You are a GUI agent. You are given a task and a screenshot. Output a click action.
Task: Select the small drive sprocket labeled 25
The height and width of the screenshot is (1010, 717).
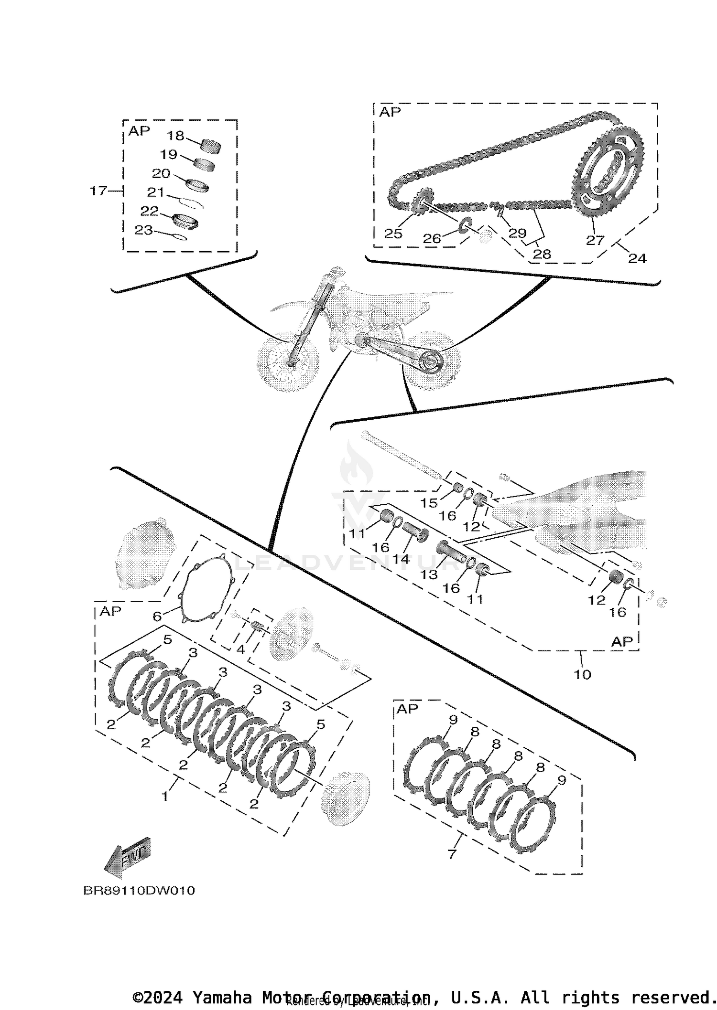tap(421, 202)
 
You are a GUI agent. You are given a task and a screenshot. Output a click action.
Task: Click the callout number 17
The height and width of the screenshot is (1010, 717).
tap(98, 191)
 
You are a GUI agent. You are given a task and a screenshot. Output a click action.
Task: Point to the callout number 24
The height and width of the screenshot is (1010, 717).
tap(637, 258)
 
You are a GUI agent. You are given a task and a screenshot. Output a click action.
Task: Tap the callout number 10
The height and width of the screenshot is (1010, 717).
tap(582, 674)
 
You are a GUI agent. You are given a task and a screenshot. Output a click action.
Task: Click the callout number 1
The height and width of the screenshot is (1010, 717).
tap(165, 797)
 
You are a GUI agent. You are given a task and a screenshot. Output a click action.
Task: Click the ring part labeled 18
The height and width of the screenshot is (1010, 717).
tap(210, 146)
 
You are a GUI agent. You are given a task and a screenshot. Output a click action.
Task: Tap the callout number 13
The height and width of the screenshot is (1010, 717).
tap(429, 574)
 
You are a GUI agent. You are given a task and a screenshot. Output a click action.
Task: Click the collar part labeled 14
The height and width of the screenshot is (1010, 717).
tap(414, 531)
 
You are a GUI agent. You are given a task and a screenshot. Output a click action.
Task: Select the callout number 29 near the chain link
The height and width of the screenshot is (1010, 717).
tap(517, 233)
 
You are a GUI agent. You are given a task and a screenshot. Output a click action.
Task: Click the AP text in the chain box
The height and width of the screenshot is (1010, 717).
tap(390, 112)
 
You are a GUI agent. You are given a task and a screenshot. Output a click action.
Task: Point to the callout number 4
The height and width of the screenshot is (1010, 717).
tap(240, 649)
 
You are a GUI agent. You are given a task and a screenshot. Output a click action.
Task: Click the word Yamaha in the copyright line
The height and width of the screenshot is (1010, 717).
tap(221, 998)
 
